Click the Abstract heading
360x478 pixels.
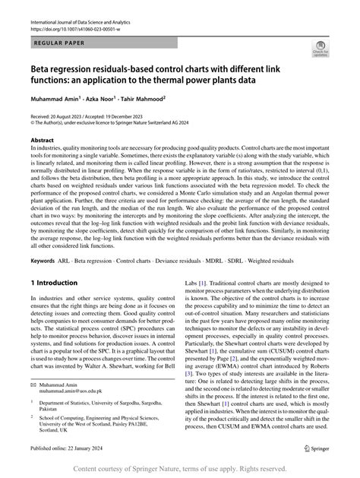42,141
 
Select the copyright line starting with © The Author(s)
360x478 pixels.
114,122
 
